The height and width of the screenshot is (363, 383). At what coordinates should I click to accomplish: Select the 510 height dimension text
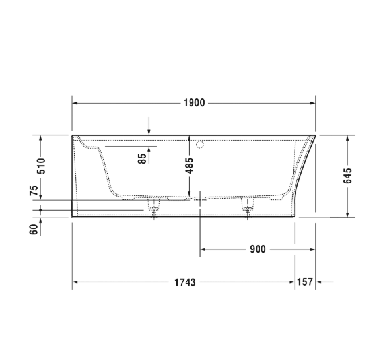click(40, 166)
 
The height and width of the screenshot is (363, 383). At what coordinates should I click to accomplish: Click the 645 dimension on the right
click(348, 176)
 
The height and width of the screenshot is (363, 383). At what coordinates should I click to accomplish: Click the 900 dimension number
click(258, 249)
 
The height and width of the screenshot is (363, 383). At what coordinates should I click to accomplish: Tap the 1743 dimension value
click(186, 282)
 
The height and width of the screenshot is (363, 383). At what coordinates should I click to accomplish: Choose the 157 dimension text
click(304, 282)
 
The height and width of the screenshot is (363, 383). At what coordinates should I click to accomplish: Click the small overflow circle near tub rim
click(201, 143)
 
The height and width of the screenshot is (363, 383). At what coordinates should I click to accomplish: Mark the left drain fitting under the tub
click(153, 207)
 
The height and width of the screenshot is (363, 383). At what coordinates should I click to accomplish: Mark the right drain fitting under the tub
click(248, 207)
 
